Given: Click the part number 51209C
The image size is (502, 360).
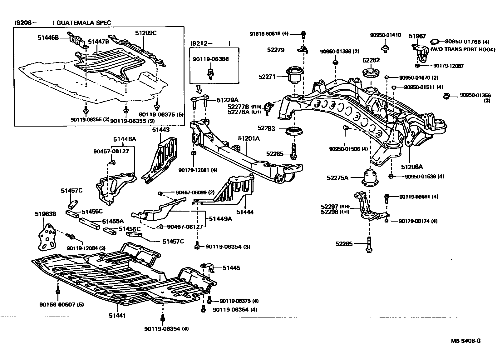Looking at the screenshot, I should (x=145, y=33).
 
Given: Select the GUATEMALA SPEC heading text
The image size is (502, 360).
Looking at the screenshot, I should (x=84, y=23).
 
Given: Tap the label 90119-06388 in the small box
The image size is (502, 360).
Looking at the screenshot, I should (x=210, y=59).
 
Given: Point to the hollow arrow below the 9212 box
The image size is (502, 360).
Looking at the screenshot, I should (x=199, y=89).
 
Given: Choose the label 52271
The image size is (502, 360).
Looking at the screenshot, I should (x=267, y=76).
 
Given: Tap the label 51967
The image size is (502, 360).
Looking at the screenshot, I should (x=417, y=36).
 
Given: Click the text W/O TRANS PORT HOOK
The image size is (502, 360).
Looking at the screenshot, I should (x=463, y=49).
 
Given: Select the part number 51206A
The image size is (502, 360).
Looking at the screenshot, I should (x=412, y=167).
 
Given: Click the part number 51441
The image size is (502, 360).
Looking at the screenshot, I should (x=117, y=316).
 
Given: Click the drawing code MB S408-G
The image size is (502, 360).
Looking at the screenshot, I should (x=465, y=341).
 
